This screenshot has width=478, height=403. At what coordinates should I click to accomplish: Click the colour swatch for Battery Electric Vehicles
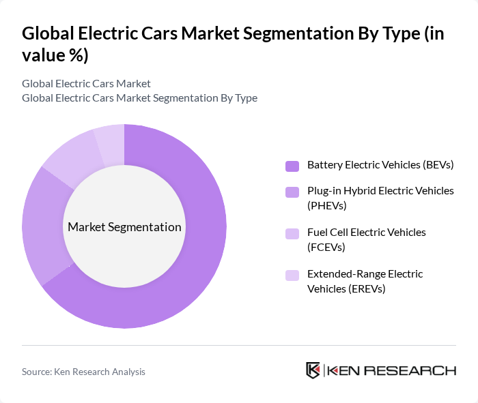(x=292, y=166)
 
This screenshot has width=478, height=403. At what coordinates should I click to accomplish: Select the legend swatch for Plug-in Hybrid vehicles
(x=292, y=192)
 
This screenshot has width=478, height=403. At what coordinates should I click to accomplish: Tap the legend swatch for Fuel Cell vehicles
(x=292, y=233)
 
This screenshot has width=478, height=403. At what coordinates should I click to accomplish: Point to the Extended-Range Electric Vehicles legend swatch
(x=292, y=275)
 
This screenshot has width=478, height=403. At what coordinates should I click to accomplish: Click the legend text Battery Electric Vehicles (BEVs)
(x=380, y=165)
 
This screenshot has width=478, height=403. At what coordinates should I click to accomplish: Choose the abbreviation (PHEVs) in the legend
(x=327, y=205)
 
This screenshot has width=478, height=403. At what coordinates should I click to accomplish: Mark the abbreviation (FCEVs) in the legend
(x=326, y=247)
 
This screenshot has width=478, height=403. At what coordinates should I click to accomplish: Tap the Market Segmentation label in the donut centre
(x=124, y=227)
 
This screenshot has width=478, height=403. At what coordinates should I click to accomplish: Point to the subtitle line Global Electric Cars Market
(x=86, y=84)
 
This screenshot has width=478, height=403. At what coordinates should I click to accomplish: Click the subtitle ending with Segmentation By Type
(x=139, y=98)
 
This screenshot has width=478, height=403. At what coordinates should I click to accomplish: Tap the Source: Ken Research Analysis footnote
(x=83, y=372)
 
